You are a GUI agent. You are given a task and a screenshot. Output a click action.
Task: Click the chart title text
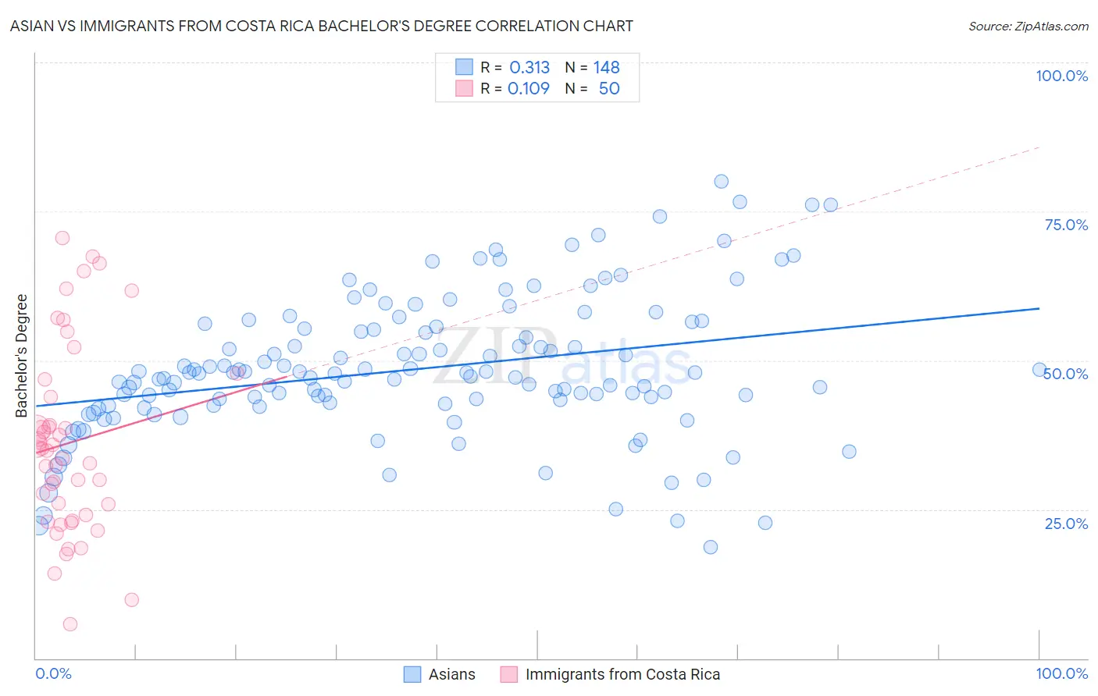coord(321,26)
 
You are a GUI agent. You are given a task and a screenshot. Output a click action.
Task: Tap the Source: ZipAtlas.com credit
coord(1028,26)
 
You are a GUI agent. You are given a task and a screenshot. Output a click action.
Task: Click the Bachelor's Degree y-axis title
coord(21,356)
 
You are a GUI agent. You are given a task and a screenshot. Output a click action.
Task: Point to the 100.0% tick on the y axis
coord(1061,76)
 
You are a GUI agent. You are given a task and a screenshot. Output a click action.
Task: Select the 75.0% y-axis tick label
coord(1066,225)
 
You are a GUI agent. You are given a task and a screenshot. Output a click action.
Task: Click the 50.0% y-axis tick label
coord(1066,374)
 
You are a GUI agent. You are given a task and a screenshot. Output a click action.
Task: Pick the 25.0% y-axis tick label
coord(1066,523)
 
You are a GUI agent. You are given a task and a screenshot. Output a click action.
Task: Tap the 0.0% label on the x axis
coord(53,673)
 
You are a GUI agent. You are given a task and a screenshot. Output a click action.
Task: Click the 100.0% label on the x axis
coord(1061,673)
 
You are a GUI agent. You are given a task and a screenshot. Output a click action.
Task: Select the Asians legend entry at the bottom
coord(451,674)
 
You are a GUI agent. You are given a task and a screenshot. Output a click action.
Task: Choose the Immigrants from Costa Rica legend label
coord(622,674)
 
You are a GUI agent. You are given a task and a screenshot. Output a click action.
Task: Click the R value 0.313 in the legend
coord(529,67)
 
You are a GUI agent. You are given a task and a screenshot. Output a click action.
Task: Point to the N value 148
coord(606,67)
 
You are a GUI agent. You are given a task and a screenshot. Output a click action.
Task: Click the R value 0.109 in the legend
coord(529,88)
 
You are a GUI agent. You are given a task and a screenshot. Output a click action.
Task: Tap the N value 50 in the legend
coord(609,88)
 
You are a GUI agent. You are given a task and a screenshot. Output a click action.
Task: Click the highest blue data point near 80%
coord(721,181)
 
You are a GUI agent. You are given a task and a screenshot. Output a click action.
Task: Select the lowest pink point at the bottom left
coord(70,623)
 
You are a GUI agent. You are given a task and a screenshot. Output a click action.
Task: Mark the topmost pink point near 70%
coord(62,238)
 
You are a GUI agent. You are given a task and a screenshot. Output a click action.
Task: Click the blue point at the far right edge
coord(1039,370)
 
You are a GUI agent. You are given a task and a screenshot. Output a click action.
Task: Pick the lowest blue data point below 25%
coord(710,547)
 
